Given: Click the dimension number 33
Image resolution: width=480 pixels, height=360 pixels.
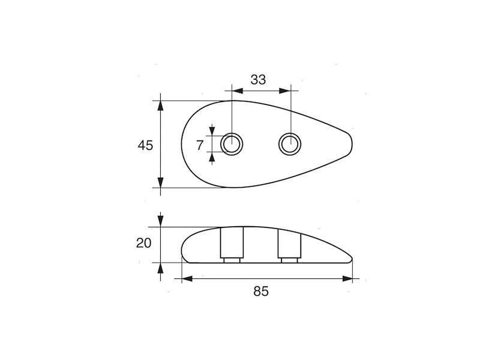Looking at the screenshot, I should (x=258, y=79).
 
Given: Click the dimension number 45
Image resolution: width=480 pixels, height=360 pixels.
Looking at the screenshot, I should (x=145, y=145).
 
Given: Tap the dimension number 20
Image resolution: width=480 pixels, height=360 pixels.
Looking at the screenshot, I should (x=144, y=243).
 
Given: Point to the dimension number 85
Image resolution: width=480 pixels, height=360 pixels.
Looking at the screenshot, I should (x=260, y=292).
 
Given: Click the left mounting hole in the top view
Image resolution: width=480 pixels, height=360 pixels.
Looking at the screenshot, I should (x=232, y=144).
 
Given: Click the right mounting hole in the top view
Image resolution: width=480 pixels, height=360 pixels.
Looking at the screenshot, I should (x=290, y=144).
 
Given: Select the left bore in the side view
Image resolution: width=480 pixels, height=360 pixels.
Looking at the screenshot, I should (x=232, y=244).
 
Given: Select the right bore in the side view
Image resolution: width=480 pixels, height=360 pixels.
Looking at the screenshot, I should (x=290, y=244).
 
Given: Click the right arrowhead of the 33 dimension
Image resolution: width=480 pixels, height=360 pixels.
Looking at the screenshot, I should (x=286, y=91).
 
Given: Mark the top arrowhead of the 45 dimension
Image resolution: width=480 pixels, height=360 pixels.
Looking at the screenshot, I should (x=160, y=105).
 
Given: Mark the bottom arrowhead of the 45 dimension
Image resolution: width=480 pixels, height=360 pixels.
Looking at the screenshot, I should (x=160, y=183).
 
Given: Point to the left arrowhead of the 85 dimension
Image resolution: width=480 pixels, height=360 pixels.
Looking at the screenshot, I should (x=186, y=278).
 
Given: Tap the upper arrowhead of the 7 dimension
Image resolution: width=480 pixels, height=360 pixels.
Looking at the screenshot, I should (x=212, y=131).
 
